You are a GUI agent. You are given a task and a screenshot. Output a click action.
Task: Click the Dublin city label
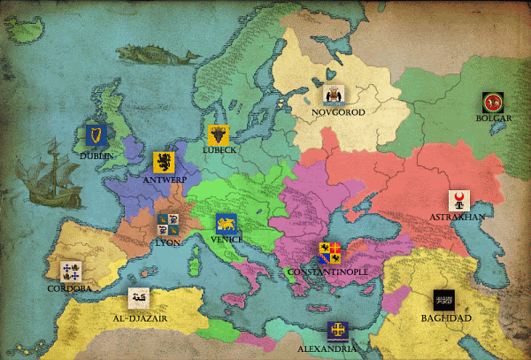click(x=96, y=156)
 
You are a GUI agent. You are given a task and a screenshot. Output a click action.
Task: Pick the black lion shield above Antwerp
click(x=164, y=162)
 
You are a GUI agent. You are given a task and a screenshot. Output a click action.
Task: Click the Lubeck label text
click(x=219, y=150)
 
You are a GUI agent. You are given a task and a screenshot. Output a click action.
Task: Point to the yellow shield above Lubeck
click(x=219, y=134)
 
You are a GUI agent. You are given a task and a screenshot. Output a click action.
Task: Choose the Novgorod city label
click(x=335, y=112)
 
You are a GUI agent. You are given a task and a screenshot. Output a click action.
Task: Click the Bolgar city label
click(x=494, y=118)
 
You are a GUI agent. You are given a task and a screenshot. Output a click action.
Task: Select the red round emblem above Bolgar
click(x=493, y=101)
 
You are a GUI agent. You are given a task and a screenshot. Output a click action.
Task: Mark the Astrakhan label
click(x=456, y=217)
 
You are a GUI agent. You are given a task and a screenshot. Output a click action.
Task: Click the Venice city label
click(x=226, y=238)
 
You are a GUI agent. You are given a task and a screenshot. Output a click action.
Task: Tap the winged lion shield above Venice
click(x=226, y=223)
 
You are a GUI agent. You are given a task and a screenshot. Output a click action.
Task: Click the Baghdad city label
click(x=446, y=318)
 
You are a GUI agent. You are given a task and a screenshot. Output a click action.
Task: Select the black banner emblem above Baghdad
click(x=444, y=300)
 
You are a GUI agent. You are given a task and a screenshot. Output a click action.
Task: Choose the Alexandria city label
click(x=336, y=349)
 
